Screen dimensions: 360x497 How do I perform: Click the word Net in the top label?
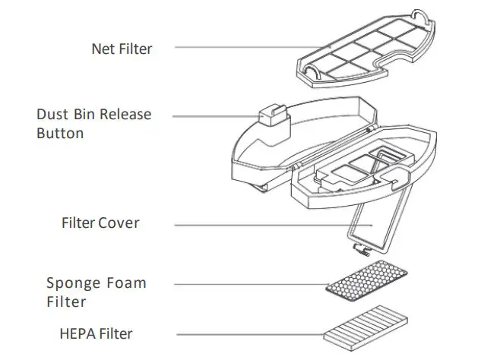[103, 49]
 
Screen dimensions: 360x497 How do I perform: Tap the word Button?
[60, 133]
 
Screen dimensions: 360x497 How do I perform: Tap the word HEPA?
[78, 333]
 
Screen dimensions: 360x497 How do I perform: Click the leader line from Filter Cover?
[266, 224]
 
